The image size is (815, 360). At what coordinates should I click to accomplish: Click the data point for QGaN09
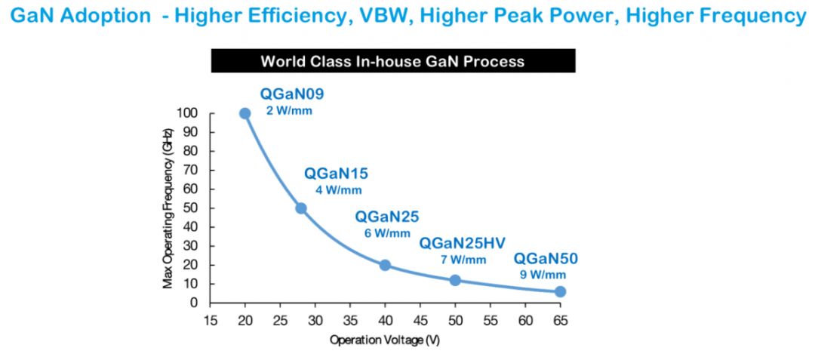(x=244, y=113)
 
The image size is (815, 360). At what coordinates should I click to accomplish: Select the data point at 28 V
(x=300, y=208)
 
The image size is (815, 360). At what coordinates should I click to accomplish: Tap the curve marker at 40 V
(x=385, y=265)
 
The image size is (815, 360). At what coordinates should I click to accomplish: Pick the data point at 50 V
(x=455, y=280)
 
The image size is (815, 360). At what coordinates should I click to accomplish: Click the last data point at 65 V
(x=560, y=291)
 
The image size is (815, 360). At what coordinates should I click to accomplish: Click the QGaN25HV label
(x=463, y=243)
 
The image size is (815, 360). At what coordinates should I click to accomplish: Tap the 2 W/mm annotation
(x=288, y=110)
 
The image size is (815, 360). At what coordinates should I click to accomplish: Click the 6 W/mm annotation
(x=388, y=233)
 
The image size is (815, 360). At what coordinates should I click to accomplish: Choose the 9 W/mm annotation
(x=543, y=275)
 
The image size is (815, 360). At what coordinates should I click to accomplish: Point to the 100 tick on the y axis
(x=188, y=113)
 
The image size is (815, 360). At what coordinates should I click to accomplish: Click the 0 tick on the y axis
(x=194, y=303)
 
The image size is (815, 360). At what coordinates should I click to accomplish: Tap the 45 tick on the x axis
(x=420, y=319)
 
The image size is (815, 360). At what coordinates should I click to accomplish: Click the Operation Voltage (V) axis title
(x=384, y=340)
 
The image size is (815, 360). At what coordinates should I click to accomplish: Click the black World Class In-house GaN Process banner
(x=392, y=61)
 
